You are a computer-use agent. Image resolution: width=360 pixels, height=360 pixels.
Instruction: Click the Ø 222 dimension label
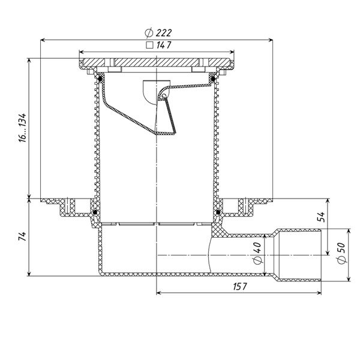[x=158, y=33]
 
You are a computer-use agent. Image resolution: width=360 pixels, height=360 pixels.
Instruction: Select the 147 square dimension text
[x=164, y=45]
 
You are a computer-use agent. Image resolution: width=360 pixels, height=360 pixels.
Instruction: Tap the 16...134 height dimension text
[x=23, y=128]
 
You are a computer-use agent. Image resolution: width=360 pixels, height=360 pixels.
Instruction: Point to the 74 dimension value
[x=23, y=236]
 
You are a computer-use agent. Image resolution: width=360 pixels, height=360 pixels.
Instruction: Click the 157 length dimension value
[x=240, y=287]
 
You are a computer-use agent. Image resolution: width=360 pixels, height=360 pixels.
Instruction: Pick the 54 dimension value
[x=321, y=217]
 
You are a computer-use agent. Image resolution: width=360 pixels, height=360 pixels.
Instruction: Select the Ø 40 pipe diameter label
[x=258, y=253]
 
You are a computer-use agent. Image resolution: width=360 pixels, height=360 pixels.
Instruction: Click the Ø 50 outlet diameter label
[x=341, y=253]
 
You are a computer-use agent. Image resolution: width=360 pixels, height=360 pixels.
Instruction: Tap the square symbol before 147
[x=149, y=45]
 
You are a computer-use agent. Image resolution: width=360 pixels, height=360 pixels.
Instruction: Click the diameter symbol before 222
[x=149, y=33]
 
